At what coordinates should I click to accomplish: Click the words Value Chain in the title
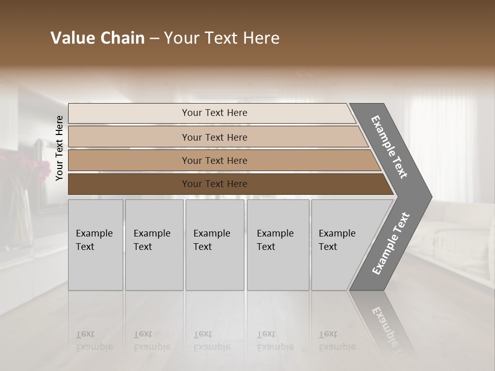pyautogui.click(x=97, y=38)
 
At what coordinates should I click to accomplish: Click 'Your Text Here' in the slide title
pyautogui.click(x=222, y=38)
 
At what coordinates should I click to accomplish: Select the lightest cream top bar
pyautogui.click(x=129, y=113)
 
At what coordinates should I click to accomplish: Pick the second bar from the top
pyautogui.click(x=129, y=137)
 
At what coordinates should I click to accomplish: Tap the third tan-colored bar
pyautogui.click(x=129, y=161)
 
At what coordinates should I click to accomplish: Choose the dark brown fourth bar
pyautogui.click(x=129, y=184)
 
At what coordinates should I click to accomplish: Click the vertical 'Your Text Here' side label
pyautogui.click(x=59, y=148)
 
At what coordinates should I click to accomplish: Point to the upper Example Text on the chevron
pyautogui.click(x=389, y=147)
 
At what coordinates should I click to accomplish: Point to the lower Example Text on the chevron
pyautogui.click(x=390, y=243)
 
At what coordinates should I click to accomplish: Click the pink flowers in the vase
pyautogui.click(x=28, y=167)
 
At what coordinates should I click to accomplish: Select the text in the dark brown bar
pyautogui.click(x=214, y=184)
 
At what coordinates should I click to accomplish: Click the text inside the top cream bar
pyautogui.click(x=214, y=113)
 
